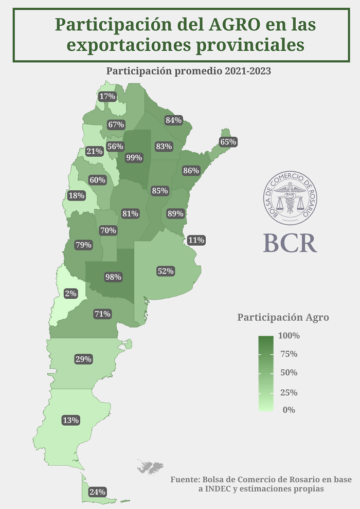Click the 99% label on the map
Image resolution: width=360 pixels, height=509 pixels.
pyautogui.click(x=134, y=158)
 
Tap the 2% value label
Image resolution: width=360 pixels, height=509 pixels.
pyautogui.click(x=70, y=294)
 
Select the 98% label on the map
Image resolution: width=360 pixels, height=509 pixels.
pyautogui.click(x=113, y=277)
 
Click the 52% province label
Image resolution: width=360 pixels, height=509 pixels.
pyautogui.click(x=166, y=271)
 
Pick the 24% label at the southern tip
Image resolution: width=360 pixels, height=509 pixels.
pyautogui.click(x=97, y=492)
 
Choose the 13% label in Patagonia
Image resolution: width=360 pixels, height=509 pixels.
pyautogui.click(x=70, y=420)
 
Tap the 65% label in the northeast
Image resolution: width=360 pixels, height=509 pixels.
pyautogui.click(x=228, y=142)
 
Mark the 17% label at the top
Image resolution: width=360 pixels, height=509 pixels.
pyautogui.click(x=107, y=97)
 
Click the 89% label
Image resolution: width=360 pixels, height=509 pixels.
pyautogui.click(x=175, y=214)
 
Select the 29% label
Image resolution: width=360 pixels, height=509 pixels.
pyautogui.click(x=83, y=359)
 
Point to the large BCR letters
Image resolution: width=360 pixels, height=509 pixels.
pyautogui.click(x=290, y=243)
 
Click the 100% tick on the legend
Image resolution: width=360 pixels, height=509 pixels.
pyautogui.click(x=289, y=336)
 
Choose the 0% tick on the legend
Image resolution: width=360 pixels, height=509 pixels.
pyautogui.click(x=289, y=410)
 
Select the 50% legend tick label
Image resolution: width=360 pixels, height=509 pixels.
pyautogui.click(x=289, y=372)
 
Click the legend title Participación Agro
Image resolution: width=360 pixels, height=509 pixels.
pyautogui.click(x=283, y=317)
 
